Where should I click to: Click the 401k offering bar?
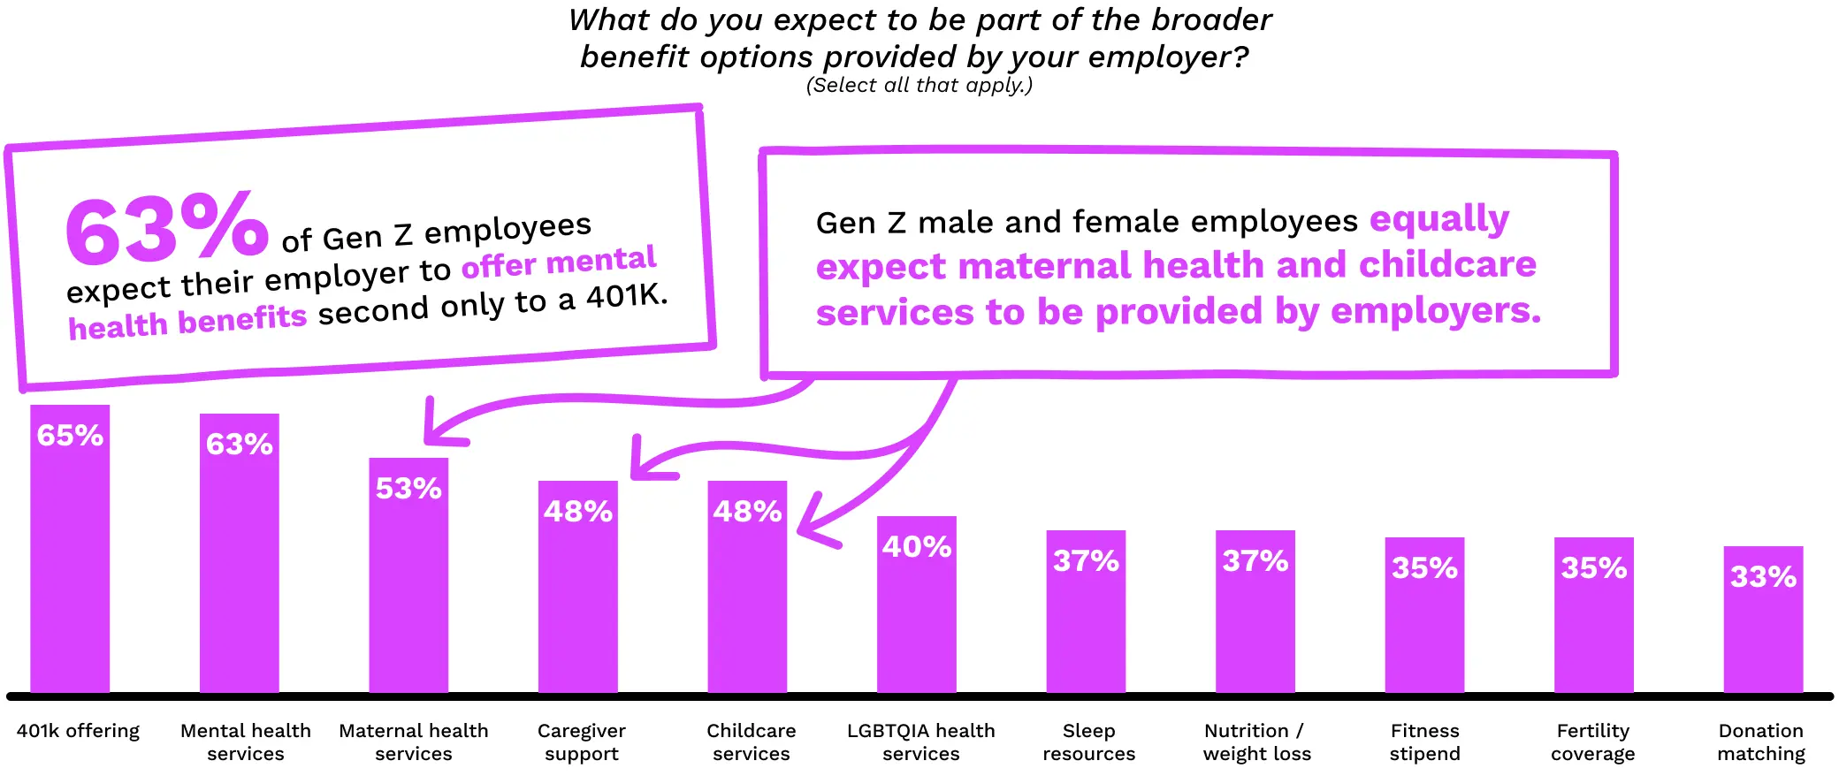pos(70,566)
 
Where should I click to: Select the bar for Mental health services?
pos(239,570)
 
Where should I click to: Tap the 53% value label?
pos(408,488)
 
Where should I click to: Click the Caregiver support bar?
pos(577,601)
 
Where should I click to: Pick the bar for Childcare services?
pos(747,601)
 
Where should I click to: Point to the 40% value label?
pos(917,546)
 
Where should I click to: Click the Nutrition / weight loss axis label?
pos(1256,742)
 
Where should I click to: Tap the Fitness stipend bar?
pos(1424,628)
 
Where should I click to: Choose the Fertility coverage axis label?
pos(1592,742)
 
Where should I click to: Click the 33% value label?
pos(1763,576)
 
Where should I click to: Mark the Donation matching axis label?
pos(1761,742)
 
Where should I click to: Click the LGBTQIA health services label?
pos(920,742)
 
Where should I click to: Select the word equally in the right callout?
pos(1439,219)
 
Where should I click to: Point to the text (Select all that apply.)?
pos(919,85)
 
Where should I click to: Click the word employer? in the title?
pos(1168,57)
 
